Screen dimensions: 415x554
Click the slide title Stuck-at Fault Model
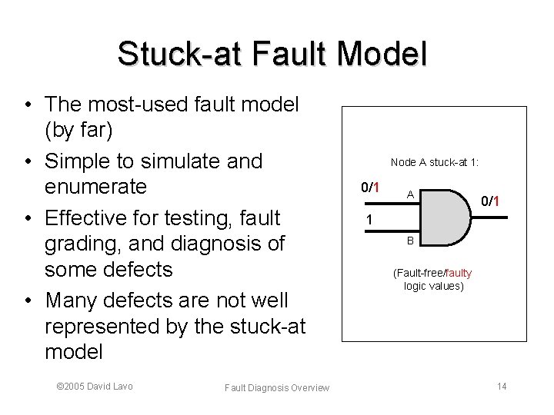click(x=272, y=54)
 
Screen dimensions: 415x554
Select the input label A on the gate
click(x=411, y=194)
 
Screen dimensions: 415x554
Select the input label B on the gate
click(x=411, y=240)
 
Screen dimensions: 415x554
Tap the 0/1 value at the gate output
click(x=491, y=201)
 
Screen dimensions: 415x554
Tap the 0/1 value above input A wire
click(x=371, y=188)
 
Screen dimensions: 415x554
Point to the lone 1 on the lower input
click(x=370, y=220)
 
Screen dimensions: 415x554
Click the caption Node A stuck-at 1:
click(x=435, y=162)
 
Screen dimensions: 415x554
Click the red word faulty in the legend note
click(x=459, y=273)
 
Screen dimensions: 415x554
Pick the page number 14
click(x=502, y=386)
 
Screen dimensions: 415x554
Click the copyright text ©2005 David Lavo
click(x=95, y=386)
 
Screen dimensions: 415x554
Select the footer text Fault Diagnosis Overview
click(x=277, y=388)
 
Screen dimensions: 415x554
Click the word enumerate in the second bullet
click(x=96, y=188)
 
